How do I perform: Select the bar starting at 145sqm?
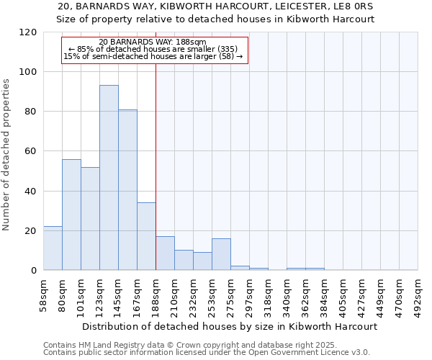click(127, 190)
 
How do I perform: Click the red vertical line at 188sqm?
click(156, 166)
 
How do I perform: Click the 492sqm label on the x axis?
click(418, 294)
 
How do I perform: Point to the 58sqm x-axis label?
click(44, 294)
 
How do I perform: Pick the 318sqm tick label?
click(268, 294)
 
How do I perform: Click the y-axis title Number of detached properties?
click(7, 155)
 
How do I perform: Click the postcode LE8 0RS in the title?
click(353, 6)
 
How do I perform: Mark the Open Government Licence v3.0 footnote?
click(207, 352)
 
